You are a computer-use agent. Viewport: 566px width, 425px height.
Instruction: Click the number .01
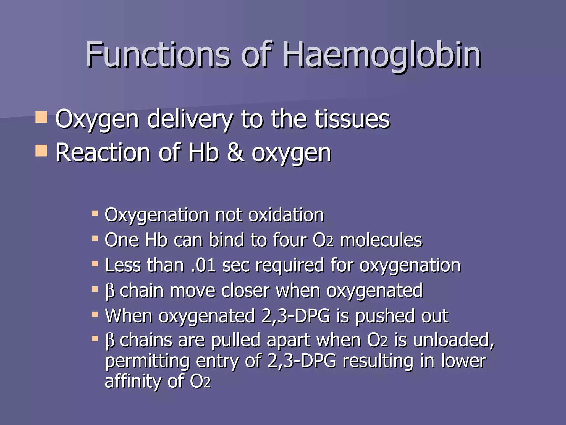(203, 265)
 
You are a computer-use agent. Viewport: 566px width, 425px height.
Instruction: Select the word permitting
(147, 361)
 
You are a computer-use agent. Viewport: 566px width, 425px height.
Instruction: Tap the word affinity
(133, 381)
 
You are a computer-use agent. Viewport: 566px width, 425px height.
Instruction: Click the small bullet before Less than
(95, 264)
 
